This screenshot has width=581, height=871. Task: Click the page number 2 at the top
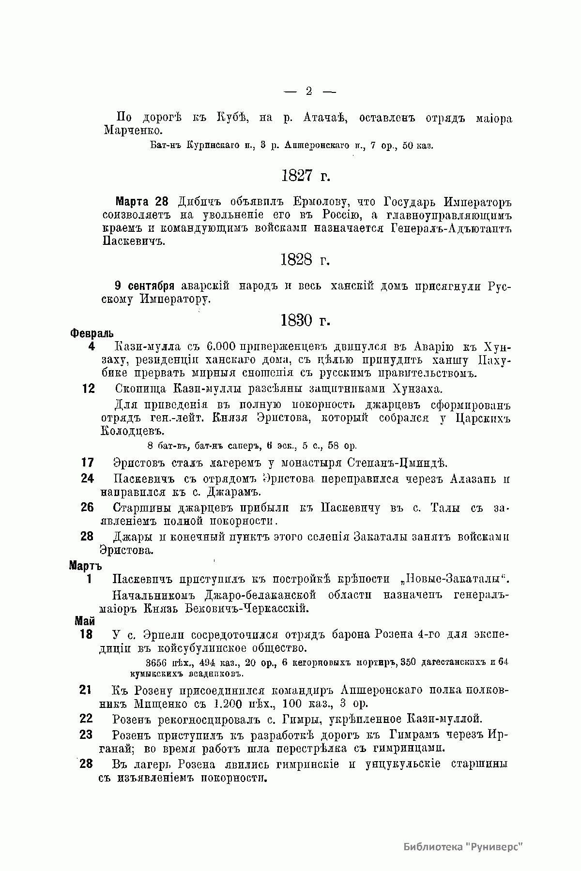(309, 91)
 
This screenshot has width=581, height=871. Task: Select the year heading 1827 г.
(305, 176)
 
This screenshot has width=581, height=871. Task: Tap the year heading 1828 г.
(305, 260)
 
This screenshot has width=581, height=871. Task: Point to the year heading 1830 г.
(305, 320)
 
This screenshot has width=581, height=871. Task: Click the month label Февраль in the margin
(92, 333)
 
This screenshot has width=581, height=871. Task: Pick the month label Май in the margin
(85, 621)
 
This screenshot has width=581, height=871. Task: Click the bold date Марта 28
(143, 201)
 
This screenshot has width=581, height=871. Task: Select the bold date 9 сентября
(144, 286)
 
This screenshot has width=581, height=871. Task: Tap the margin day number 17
(88, 463)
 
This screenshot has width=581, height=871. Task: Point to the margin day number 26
(88, 508)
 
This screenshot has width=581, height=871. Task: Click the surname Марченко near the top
(128, 131)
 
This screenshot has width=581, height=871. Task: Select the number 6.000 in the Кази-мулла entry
(221, 347)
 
